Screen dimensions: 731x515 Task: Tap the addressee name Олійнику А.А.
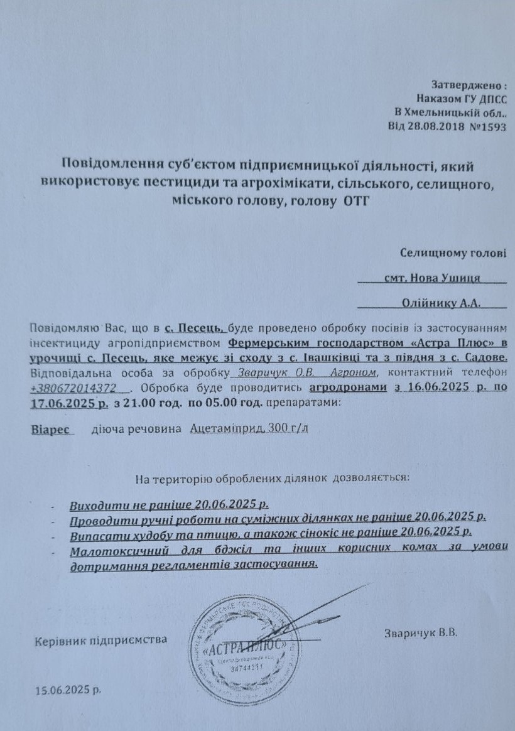click(441, 303)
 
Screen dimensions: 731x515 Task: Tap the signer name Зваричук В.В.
click(420, 633)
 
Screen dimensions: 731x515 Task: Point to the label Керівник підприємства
click(101, 640)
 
